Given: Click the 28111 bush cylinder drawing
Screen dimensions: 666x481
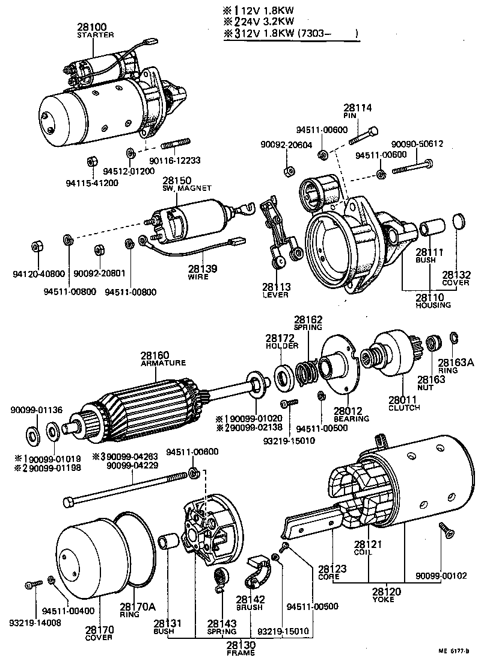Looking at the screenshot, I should (x=431, y=229).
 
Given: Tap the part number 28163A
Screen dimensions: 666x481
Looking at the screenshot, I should (x=455, y=363).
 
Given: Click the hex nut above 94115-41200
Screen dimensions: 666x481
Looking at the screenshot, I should (x=93, y=161).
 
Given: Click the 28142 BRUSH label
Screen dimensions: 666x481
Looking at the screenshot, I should (x=250, y=603).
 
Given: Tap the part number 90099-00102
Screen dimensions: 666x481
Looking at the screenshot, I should (x=441, y=575).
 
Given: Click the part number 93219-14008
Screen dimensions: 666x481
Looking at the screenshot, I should (x=34, y=623).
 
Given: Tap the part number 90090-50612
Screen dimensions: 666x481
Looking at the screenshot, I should (x=417, y=144).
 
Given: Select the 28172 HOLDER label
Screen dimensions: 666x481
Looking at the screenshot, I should (x=278, y=343).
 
